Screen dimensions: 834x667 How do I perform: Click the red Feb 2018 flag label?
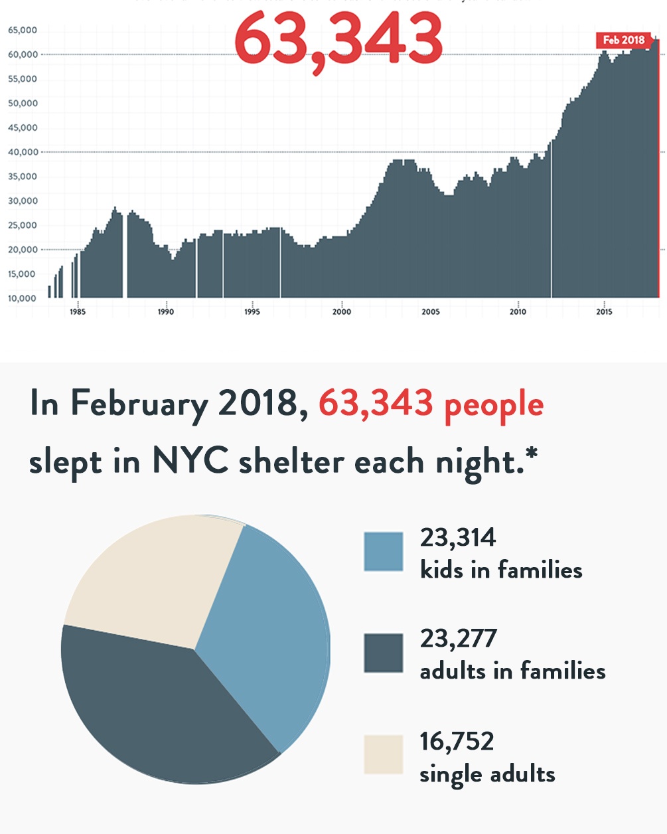623,40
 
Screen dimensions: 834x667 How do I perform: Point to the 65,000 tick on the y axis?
23,31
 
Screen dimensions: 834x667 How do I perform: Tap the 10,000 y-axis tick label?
23,298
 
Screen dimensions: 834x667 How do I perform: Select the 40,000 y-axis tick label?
23,152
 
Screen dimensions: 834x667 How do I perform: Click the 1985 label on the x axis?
78,312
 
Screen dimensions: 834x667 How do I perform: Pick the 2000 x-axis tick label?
342,312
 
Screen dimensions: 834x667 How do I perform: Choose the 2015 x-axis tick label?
604,312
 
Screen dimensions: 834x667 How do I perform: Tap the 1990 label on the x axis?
166,312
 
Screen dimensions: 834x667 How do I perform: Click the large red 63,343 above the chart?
338,39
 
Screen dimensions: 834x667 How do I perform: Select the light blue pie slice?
272,637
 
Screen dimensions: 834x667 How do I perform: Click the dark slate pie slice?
159,710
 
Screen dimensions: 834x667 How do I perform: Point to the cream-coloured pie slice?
159,578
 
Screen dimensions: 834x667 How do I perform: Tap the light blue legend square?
384,552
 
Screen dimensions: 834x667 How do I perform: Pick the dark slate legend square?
384,653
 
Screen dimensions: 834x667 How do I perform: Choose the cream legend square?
384,754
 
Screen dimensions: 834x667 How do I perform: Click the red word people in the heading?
494,405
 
